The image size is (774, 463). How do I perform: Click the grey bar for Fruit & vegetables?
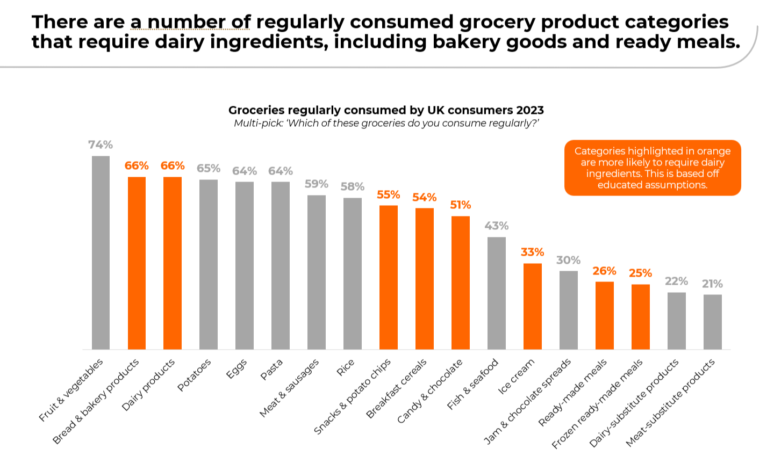[101, 252]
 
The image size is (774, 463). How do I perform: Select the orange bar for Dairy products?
[173, 263]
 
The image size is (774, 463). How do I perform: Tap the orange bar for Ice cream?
[533, 306]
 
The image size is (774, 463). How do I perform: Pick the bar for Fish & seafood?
[497, 293]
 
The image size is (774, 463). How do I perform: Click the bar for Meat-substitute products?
[712, 322]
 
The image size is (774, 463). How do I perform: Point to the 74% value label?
[101, 144]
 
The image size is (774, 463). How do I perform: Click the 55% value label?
[388, 194]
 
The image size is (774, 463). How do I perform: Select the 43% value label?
[496, 226]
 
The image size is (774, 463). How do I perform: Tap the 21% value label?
[712, 284]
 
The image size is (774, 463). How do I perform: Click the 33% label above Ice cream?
[532, 252]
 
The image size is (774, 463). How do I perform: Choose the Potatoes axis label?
[195, 375]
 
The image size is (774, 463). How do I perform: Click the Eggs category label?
[236, 369]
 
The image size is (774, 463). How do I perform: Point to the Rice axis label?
[345, 368]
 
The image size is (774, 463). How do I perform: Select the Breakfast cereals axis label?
[397, 388]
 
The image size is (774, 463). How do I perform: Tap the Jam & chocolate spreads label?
[528, 401]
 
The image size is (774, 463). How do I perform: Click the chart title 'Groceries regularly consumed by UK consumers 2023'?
[386, 110]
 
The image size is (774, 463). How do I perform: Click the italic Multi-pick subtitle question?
[386, 124]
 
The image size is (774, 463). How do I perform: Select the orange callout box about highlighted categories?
[652, 168]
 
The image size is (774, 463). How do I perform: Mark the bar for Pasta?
[281, 265]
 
